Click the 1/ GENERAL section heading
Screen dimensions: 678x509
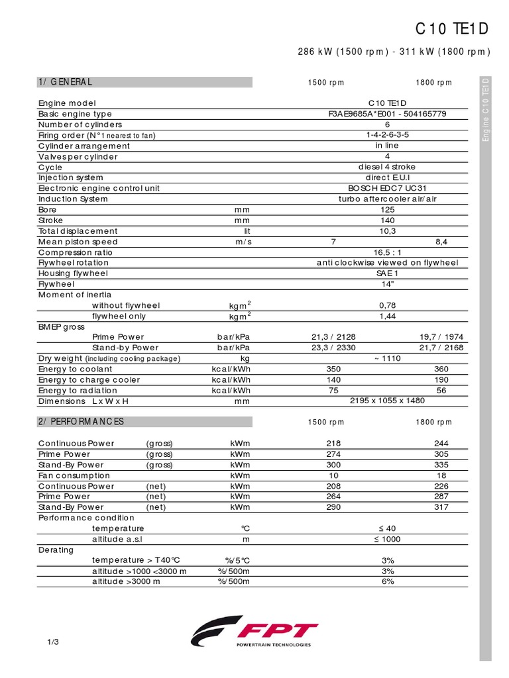coord(65,82)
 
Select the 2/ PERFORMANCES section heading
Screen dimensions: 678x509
coord(81,422)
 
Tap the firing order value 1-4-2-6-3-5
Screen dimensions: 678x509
coord(388,135)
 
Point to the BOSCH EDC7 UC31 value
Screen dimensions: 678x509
coord(388,189)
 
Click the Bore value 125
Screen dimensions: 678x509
coord(388,210)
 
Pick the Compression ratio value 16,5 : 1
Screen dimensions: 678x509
coord(388,252)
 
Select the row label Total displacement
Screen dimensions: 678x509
coord(78,231)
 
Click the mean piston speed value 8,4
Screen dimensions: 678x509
coord(441,242)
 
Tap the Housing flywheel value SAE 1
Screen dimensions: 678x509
coord(388,273)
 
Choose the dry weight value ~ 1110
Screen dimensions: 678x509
coord(388,358)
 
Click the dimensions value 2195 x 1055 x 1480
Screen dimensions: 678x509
coord(388,401)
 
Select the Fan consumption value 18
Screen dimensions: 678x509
coord(441,475)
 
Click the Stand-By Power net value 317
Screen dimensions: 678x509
coord(441,507)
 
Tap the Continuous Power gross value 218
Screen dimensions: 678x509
coord(334,444)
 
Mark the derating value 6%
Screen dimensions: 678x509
coord(388,581)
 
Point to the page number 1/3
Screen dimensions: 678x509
coord(54,642)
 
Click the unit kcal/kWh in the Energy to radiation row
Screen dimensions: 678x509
coord(231,390)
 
